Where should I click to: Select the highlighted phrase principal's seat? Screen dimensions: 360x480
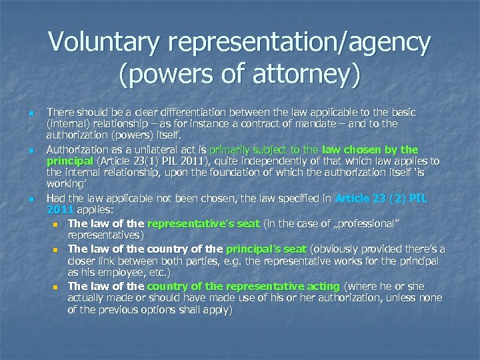click(x=267, y=249)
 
